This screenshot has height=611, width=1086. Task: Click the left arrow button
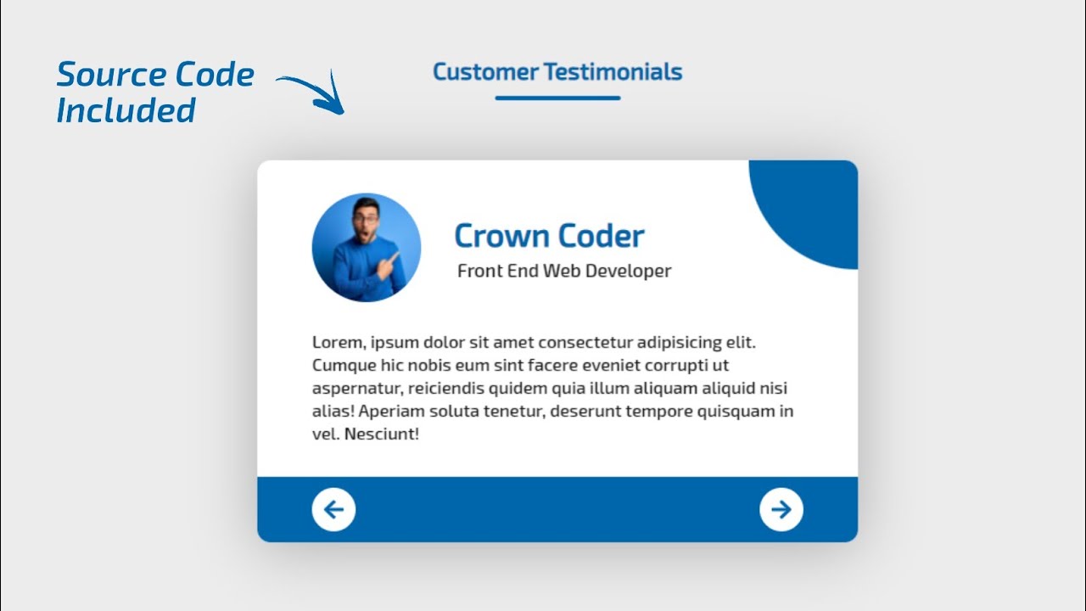[x=333, y=509]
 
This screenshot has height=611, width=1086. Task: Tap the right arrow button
[x=781, y=509]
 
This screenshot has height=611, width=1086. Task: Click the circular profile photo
[x=367, y=248]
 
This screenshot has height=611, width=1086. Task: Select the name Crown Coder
[x=549, y=236]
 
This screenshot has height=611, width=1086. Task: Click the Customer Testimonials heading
[x=557, y=72]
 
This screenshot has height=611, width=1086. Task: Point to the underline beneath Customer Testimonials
[x=557, y=98]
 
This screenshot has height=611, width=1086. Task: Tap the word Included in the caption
[x=126, y=110]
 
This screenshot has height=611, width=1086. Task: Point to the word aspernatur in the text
[x=357, y=389]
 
